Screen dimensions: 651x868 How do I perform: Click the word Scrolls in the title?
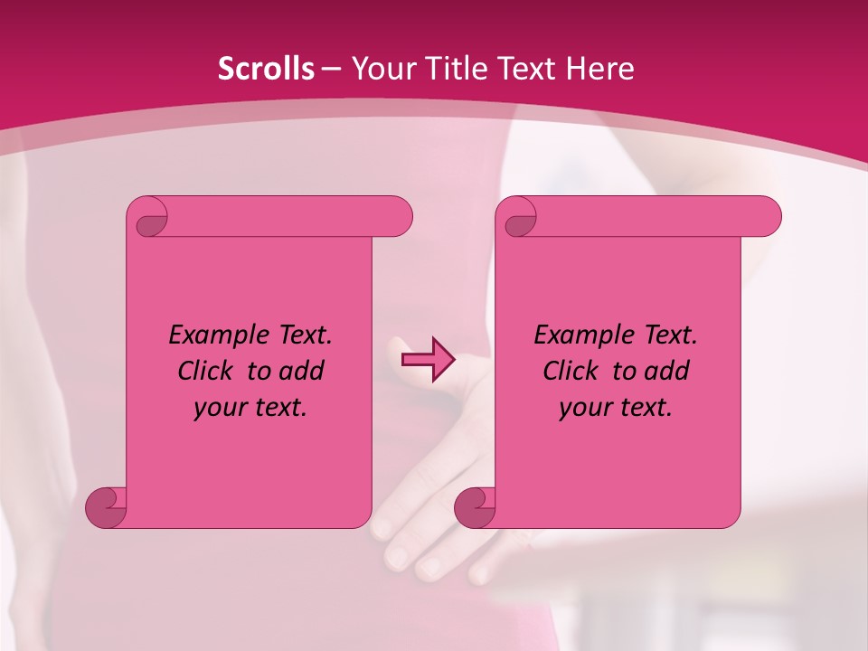tap(266, 69)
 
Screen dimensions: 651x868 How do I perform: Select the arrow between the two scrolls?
tap(428, 360)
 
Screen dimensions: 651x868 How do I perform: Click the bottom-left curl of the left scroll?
tap(106, 507)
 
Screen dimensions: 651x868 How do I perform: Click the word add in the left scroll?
tap(303, 371)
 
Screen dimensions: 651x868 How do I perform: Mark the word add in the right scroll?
tap(668, 371)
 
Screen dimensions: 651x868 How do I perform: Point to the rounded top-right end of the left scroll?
tap(398, 217)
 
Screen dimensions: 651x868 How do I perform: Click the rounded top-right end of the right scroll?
tap(767, 217)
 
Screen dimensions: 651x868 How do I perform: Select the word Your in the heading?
tap(379, 69)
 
